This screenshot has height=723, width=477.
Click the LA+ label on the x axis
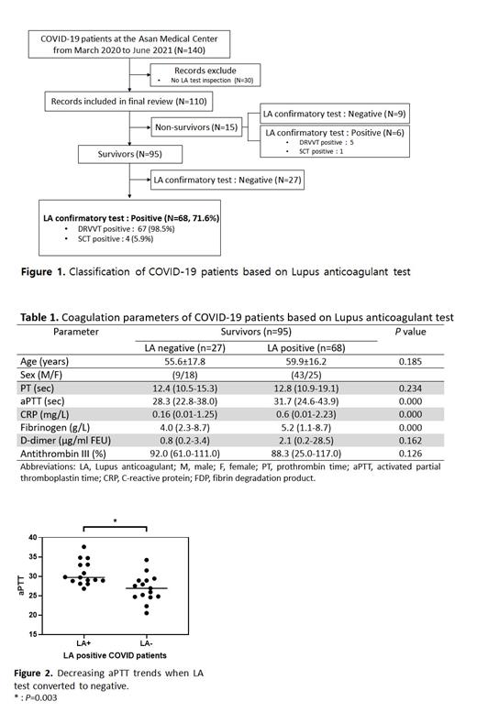click(x=84, y=645)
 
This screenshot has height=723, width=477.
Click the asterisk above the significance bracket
click(x=114, y=521)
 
